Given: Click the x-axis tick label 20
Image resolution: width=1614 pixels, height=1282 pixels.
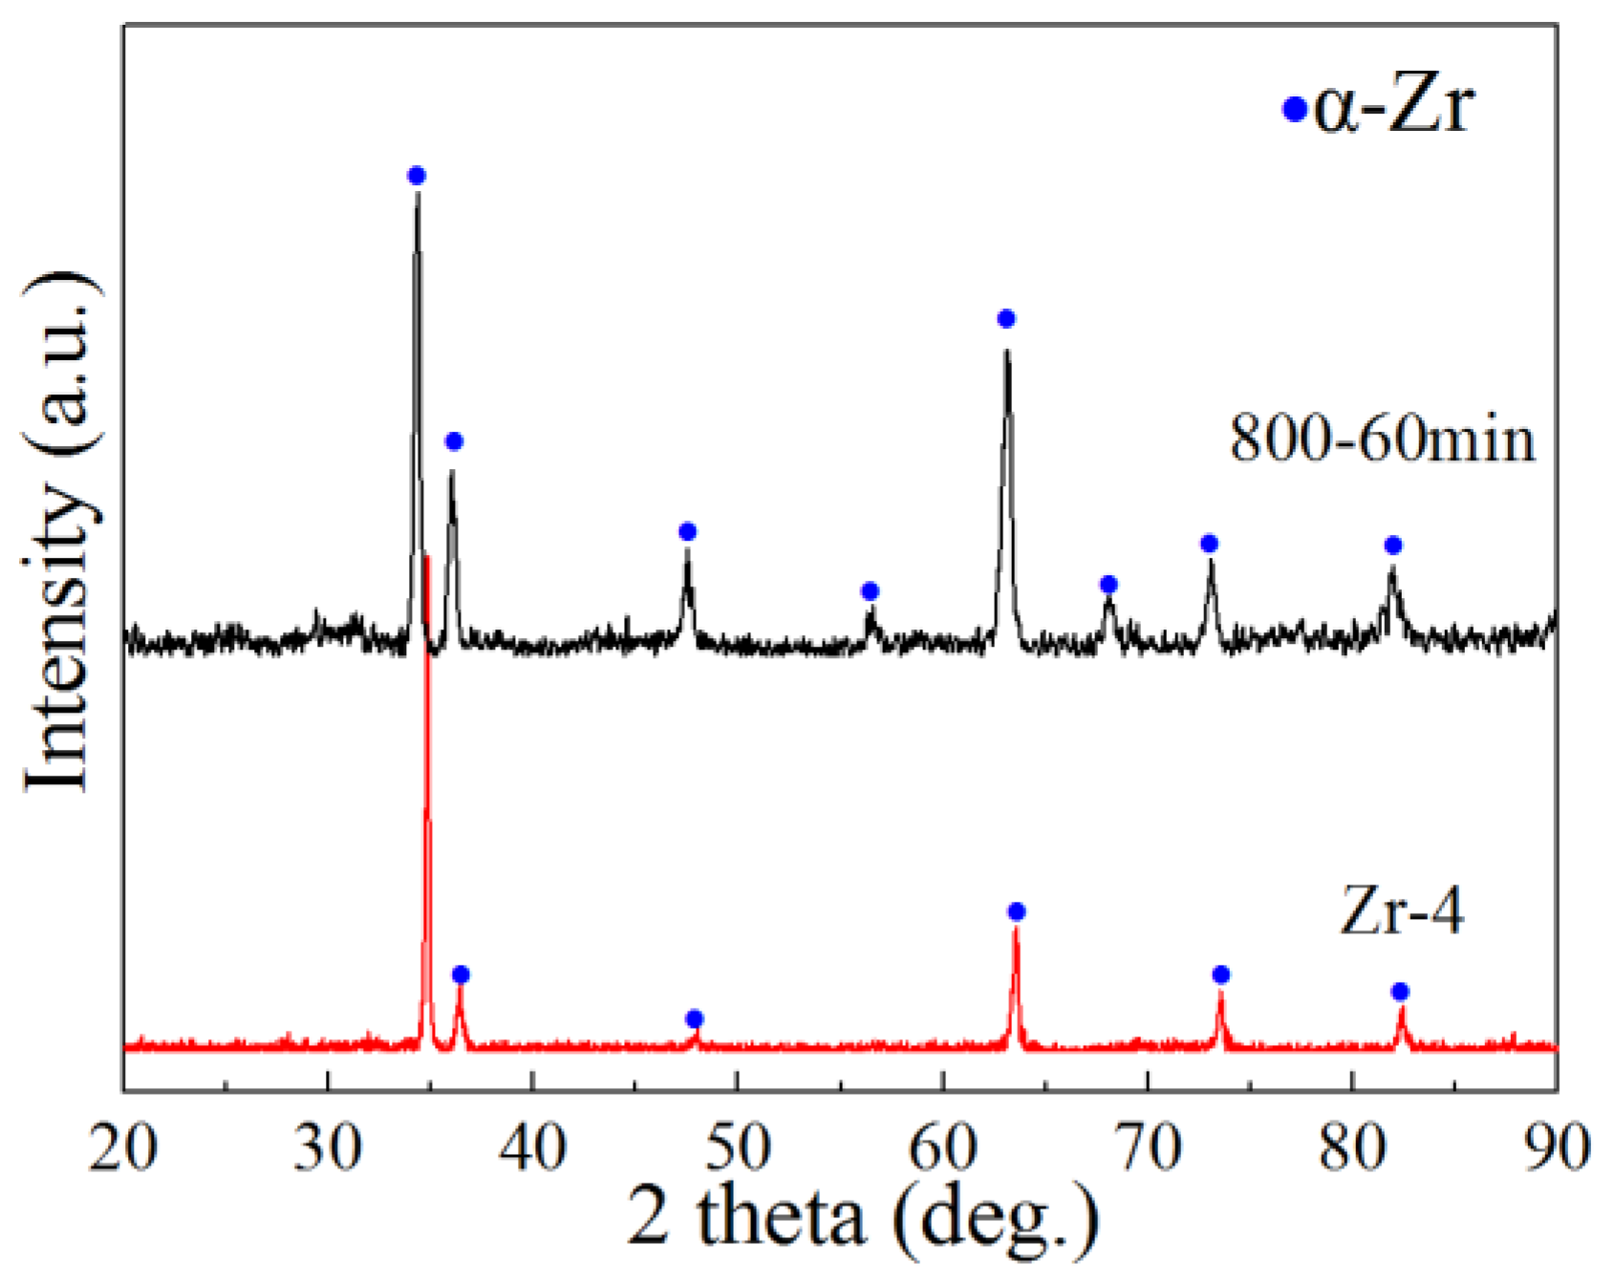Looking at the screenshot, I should [x=123, y=1147].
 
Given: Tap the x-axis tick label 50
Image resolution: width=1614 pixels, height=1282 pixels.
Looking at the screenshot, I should [x=737, y=1147].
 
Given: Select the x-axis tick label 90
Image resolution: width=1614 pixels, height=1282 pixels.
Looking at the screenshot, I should [x=1555, y=1147].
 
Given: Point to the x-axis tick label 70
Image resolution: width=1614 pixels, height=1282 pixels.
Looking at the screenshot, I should [x=1147, y=1147].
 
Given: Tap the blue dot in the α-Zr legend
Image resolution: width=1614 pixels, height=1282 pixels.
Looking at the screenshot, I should [x=1294, y=110].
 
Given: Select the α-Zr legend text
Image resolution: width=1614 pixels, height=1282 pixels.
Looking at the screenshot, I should [x=1394, y=105].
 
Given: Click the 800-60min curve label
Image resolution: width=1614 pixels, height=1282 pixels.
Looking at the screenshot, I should [x=1382, y=439].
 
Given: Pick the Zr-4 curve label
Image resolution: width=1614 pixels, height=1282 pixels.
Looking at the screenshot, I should [x=1401, y=910].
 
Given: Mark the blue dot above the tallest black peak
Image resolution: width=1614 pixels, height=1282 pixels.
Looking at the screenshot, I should [x=416, y=176].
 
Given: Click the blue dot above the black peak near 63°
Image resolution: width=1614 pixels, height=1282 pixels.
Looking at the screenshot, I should [x=1005, y=319].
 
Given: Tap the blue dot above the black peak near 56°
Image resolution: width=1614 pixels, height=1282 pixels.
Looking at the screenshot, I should [x=870, y=591].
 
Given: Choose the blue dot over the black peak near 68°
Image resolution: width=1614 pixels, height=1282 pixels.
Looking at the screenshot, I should [x=1108, y=584].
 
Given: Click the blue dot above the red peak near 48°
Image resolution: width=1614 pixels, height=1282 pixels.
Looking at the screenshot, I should [x=695, y=1018].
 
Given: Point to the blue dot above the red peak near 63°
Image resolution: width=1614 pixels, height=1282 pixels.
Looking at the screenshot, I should [x=1017, y=912].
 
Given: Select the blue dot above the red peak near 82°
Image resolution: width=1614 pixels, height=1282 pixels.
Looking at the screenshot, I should [x=1400, y=992].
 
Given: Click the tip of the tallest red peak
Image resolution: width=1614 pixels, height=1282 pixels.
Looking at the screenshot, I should [x=426, y=557].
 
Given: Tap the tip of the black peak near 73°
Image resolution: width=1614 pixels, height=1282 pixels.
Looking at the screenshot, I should [x=1211, y=562].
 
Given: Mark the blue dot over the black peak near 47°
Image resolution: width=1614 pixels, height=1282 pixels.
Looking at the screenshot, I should [x=687, y=532].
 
